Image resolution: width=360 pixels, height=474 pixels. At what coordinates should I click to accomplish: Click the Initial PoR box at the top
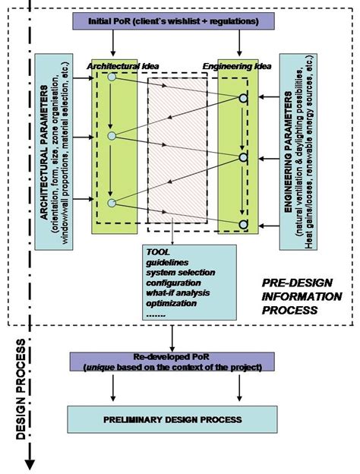[173, 21]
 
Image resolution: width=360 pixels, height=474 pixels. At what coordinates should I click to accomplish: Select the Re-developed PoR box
[177, 362]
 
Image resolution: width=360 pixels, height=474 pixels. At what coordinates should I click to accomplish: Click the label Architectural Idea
[113, 67]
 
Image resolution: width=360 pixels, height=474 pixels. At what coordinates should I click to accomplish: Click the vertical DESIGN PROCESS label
[21, 387]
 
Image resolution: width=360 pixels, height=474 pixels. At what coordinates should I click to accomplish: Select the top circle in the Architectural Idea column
[112, 77]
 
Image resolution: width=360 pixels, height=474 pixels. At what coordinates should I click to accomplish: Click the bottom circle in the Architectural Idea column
[112, 203]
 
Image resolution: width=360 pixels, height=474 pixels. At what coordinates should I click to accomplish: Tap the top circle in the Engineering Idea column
[243, 99]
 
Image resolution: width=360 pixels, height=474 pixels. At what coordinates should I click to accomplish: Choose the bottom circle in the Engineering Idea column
[243, 224]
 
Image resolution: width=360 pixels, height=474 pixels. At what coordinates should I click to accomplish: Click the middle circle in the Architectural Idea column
[112, 137]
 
